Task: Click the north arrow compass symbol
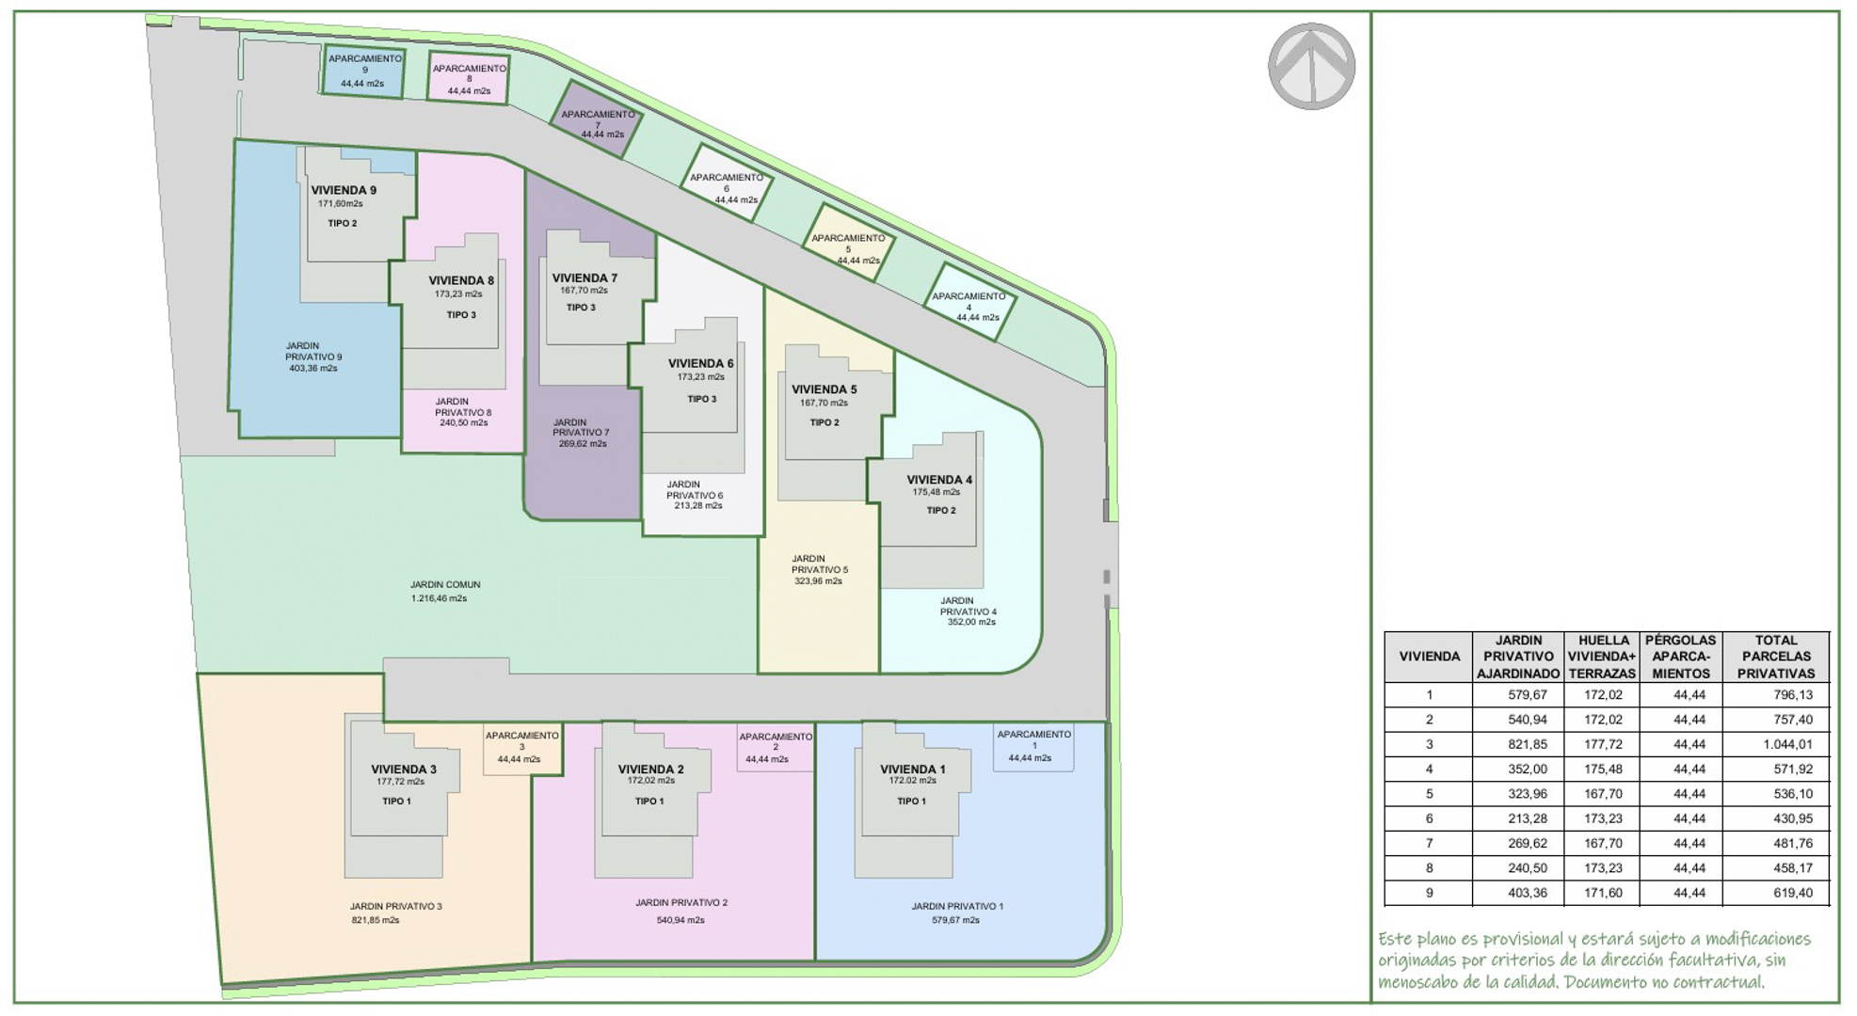click(1311, 66)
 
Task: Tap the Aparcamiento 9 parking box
click(364, 71)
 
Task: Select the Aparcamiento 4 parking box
click(969, 303)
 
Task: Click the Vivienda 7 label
click(584, 278)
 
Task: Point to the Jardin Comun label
click(445, 584)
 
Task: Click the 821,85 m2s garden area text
click(376, 920)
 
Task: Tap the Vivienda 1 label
click(912, 769)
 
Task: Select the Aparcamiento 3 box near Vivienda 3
click(521, 748)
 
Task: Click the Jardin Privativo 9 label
click(313, 351)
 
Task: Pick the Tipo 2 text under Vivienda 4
click(940, 510)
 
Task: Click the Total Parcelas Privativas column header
click(1775, 657)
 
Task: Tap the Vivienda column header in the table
click(1429, 657)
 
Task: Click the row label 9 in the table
click(1429, 893)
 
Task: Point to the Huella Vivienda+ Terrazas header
click(1602, 657)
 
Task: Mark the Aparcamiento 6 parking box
click(726, 183)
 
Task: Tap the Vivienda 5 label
click(824, 389)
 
